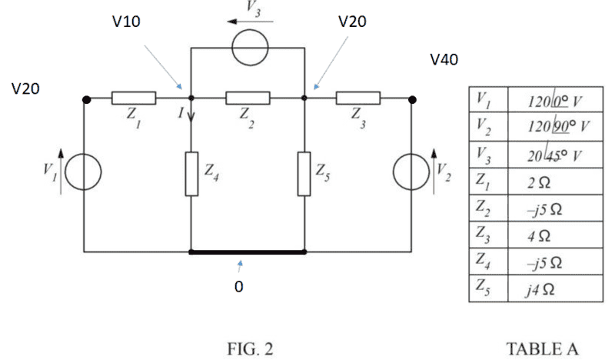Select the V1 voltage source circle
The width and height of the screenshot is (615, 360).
(85, 175)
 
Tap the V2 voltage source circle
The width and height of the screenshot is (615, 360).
(412, 175)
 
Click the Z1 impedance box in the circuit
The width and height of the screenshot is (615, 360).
(134, 98)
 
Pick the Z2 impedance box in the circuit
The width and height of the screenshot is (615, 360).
(248, 98)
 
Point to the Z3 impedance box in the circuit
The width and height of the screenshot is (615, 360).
(358, 98)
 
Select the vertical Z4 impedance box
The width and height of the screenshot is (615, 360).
(191, 174)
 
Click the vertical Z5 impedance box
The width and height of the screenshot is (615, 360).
(304, 174)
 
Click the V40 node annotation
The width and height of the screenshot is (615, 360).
(444, 59)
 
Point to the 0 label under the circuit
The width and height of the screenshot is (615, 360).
(238, 286)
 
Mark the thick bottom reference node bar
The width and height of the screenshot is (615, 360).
(248, 252)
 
